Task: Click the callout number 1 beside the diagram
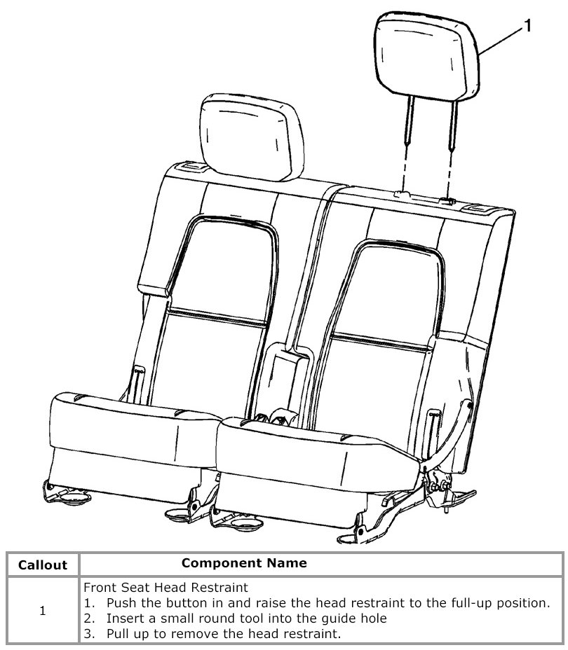coord(527,26)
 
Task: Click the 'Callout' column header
coord(42,565)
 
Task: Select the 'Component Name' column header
coord(243,562)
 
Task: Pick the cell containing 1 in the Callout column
coord(42,611)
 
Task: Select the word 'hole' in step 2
coord(372,618)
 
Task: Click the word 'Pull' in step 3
coord(117,634)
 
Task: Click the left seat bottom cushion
coord(130,424)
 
